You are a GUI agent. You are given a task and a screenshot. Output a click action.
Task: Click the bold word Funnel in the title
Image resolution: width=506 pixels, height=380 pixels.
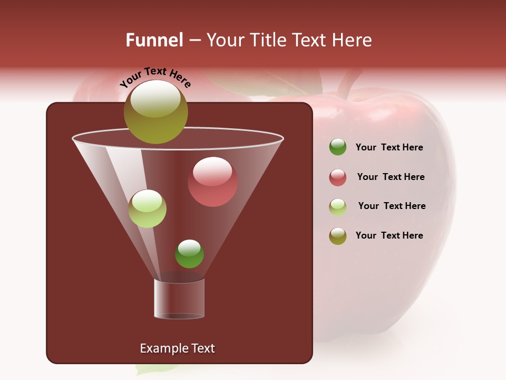click(154, 40)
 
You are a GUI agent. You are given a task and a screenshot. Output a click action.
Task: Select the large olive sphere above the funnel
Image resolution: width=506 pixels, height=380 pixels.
click(155, 111)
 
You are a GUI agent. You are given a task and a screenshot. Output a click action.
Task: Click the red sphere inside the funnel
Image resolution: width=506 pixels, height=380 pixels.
click(212, 182)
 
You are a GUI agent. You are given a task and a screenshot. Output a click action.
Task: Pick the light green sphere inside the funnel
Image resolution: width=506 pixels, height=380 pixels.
click(147, 208)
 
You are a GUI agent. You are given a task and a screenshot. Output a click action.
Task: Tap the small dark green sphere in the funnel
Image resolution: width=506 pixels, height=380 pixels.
click(189, 253)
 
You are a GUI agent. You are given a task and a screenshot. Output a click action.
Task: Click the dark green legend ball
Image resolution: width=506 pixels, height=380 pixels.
click(338, 147)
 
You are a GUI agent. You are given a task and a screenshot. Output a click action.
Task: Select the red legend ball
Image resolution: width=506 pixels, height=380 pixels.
click(338, 177)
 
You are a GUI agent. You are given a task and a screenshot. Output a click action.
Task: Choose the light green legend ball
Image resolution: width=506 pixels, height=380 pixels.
click(338, 207)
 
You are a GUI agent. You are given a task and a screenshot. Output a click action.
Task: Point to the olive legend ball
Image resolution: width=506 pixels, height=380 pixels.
click(338, 236)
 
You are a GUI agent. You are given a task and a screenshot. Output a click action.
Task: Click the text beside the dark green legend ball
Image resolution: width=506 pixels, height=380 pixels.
click(389, 147)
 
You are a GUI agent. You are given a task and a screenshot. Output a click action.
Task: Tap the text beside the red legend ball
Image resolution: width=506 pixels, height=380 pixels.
click(391, 177)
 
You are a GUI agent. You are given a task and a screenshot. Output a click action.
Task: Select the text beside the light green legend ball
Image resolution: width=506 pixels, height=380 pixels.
click(392, 206)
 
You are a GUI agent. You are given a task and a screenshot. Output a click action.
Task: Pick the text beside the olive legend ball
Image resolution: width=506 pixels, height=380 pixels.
click(389, 235)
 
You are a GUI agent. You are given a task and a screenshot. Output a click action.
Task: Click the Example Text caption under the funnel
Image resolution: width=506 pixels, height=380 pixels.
click(177, 348)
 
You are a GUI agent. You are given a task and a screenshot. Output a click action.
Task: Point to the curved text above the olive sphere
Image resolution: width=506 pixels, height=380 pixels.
click(155, 78)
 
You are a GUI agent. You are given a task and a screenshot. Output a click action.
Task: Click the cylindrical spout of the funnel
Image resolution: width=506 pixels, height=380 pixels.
click(179, 299)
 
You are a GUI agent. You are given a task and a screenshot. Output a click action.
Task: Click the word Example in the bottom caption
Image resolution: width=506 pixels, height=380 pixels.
click(160, 348)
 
